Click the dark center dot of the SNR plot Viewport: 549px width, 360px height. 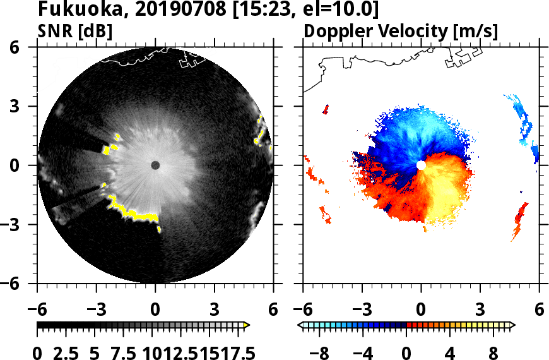155,165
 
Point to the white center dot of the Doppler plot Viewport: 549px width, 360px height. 421,165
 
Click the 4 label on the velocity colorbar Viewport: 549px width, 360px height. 451,352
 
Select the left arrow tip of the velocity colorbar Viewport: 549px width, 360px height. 300,325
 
